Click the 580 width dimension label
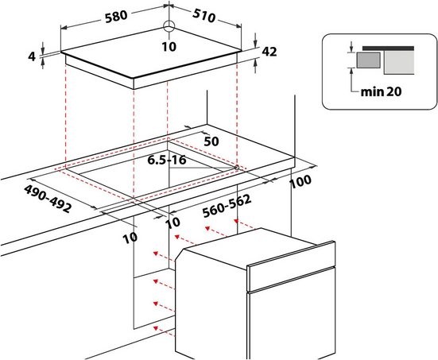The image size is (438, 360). [116, 17]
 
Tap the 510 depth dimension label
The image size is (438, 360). [204, 16]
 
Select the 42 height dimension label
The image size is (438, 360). [269, 52]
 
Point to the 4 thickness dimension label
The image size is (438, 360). [32, 56]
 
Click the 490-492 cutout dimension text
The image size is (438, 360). [48, 199]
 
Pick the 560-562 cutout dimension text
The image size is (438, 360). [227, 206]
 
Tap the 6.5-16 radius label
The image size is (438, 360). [167, 160]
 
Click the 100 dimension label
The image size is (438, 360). [300, 182]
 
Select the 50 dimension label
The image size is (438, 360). [211, 141]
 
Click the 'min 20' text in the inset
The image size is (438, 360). [381, 91]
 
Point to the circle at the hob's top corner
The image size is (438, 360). [169, 27]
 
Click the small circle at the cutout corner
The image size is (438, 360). [237, 168]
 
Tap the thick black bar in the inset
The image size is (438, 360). [388, 48]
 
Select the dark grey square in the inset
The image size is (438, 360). [369, 60]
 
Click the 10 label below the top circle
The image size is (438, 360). [169, 47]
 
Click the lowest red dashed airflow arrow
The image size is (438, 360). [164, 330]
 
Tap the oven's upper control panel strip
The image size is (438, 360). [291, 266]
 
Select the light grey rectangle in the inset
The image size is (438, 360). [399, 63]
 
